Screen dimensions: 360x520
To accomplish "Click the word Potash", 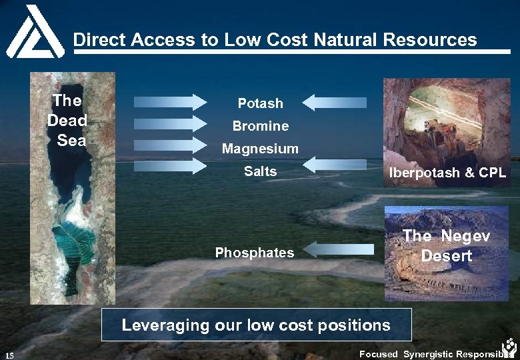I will (261, 103).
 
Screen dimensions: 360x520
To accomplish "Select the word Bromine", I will (260, 126).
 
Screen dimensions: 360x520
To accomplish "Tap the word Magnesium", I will (260, 149).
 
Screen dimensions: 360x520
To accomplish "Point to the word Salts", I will (260, 171).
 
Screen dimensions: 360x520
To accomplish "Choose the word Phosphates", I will (254, 253).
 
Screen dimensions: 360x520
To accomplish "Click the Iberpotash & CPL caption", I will (447, 173).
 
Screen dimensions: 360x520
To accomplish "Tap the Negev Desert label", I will (447, 245).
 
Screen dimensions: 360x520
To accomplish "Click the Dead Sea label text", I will (67, 121).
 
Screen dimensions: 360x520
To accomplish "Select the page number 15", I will (10, 354).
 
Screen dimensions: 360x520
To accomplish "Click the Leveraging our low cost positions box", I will (256, 325).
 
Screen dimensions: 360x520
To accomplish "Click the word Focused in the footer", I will (378, 354).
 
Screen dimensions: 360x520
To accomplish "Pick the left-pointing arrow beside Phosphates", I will (341, 249).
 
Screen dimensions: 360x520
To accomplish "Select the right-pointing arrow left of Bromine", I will (171, 123).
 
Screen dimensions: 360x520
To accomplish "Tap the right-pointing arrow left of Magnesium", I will (171, 145).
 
